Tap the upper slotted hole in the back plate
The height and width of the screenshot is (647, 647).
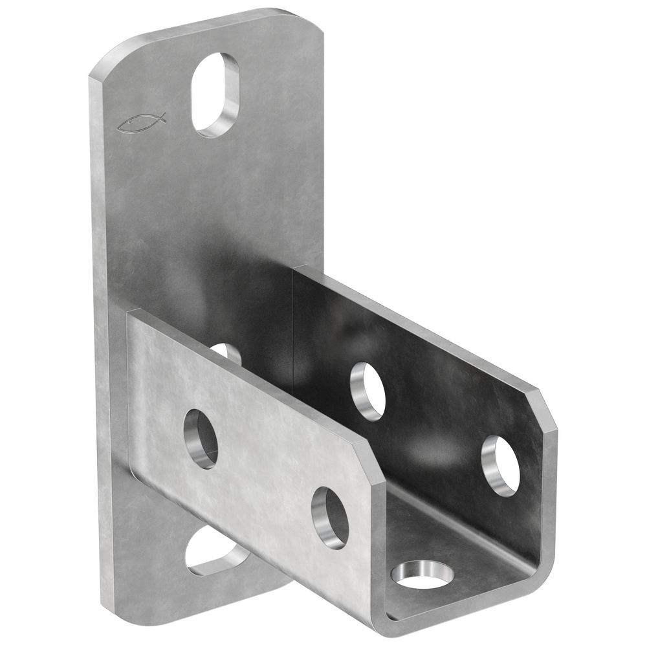215,94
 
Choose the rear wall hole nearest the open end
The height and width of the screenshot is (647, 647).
501,466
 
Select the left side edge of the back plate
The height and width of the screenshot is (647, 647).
96,323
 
